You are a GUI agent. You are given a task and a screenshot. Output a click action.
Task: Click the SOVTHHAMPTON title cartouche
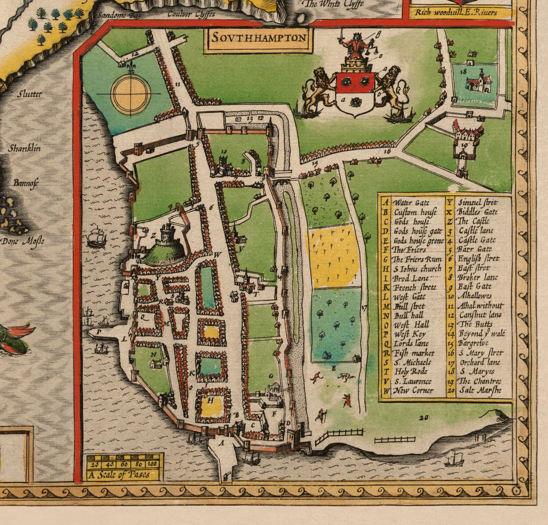pos(258,38)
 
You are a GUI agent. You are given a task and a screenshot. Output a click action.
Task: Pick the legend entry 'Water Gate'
pos(411,203)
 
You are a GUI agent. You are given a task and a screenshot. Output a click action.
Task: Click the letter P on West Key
pos(98,332)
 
